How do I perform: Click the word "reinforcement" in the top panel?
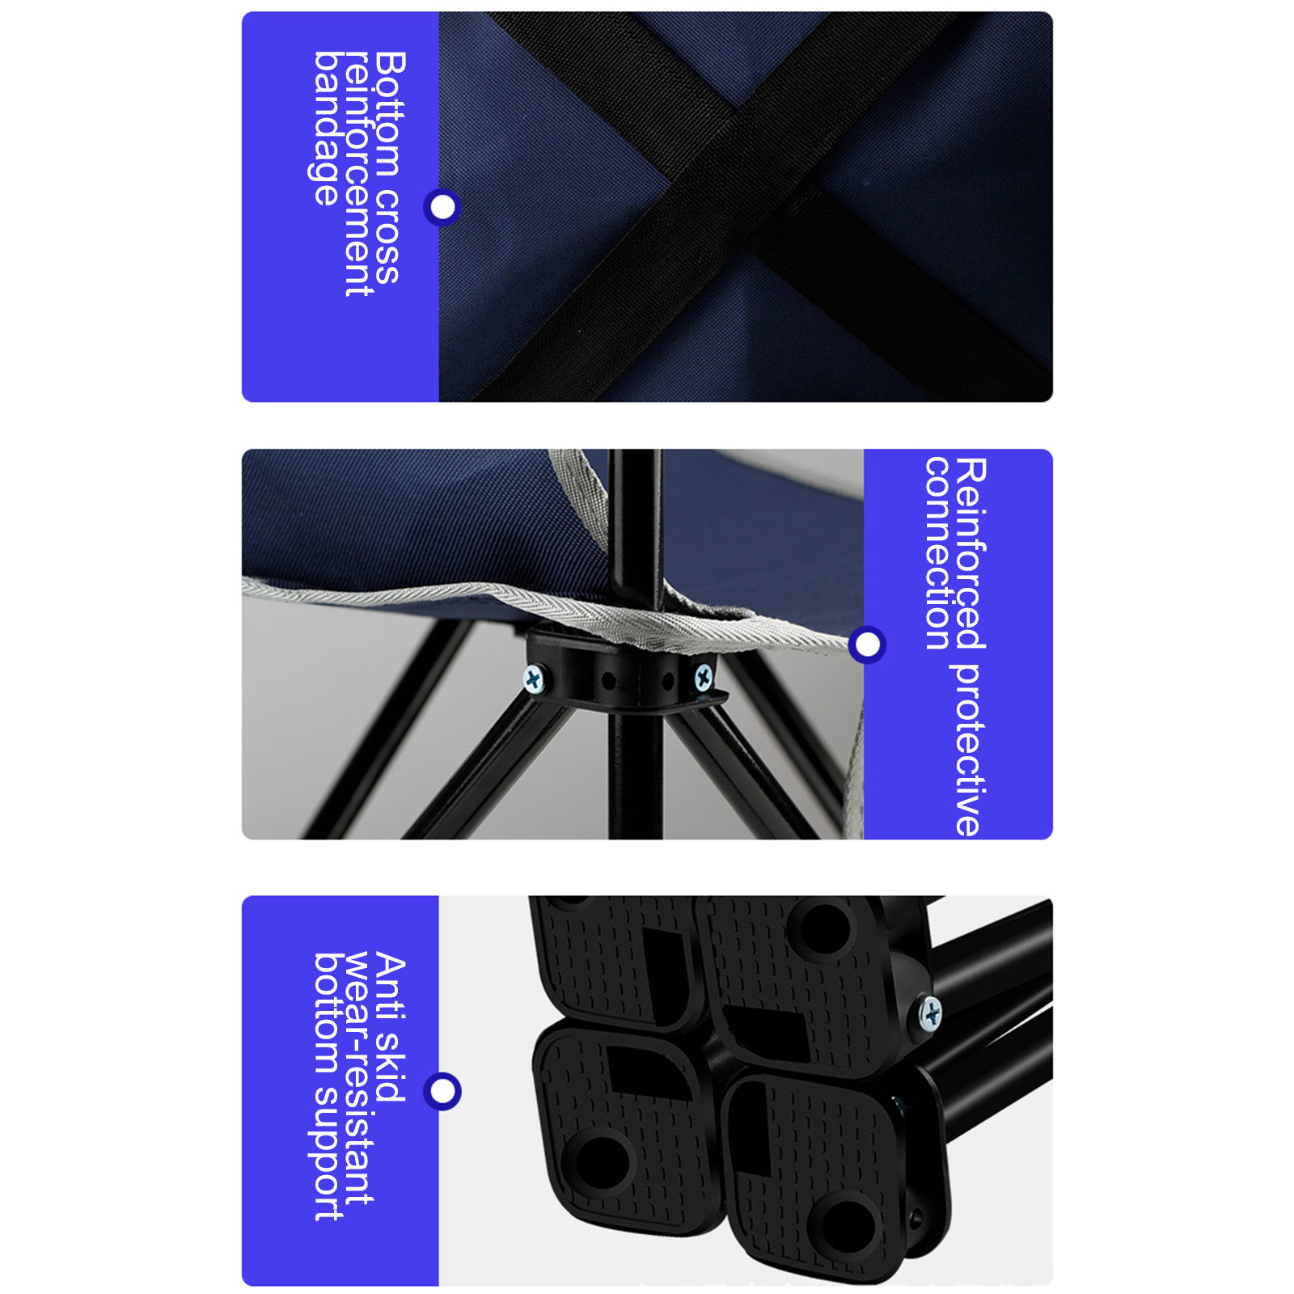357,174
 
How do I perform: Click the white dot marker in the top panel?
442,207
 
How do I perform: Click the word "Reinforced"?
970,553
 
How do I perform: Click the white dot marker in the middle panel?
867,645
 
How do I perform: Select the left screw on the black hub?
535,679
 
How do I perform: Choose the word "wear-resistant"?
358,1078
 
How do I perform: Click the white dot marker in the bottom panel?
442,1091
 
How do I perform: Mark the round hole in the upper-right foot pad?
822,927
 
